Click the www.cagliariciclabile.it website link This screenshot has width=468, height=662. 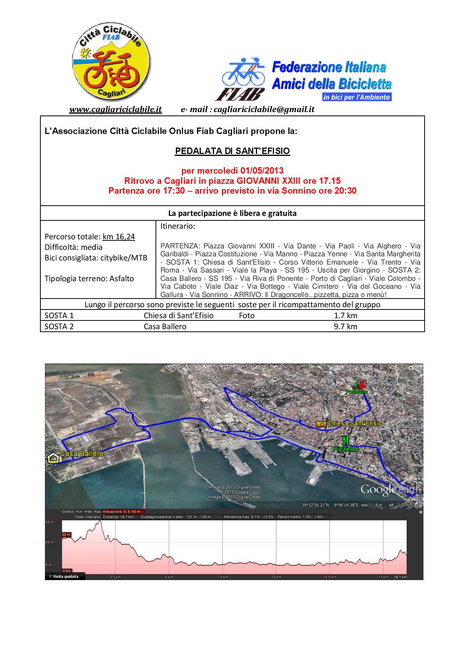115,109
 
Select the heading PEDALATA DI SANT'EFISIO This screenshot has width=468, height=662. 232,151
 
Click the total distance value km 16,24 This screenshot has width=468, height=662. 119,237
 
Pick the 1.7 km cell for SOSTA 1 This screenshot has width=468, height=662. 345,316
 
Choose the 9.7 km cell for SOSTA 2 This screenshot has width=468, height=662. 345,326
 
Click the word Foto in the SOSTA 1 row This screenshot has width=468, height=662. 247,316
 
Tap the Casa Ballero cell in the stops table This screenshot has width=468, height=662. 165,326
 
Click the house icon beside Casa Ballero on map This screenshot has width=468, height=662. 53,458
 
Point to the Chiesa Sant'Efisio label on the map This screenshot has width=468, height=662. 354,424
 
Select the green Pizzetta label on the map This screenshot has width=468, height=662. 345,449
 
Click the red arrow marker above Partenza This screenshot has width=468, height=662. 362,385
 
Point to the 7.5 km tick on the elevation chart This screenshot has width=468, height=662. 223,577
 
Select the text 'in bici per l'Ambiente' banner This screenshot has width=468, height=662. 357,97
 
